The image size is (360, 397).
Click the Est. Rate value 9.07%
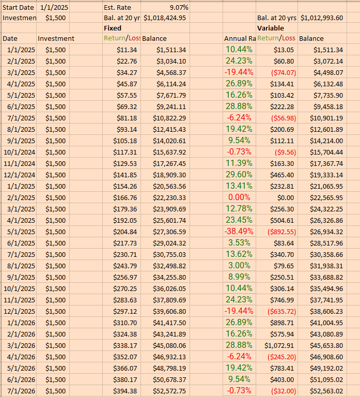pos(179,8)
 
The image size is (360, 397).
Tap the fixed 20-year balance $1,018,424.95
pos(165,18)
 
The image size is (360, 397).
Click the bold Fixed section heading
pos(113,28)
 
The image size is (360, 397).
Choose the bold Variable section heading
pos(271,28)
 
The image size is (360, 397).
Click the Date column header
pos(10,38)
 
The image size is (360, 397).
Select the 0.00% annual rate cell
pos(239,197)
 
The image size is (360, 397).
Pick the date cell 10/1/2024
pos(19,152)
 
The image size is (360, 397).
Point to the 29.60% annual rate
pos(239,175)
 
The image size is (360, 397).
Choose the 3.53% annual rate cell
pos(239,243)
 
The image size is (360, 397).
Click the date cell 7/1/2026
pos(21,391)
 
